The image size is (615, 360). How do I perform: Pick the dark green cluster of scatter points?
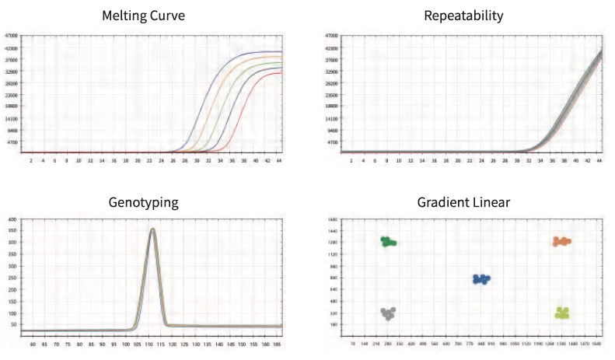388,242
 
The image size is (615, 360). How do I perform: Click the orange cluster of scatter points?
561,242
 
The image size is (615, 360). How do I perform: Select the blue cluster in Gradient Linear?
481,279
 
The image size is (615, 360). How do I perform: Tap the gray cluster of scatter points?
388,313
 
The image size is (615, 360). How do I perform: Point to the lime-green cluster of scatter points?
562,313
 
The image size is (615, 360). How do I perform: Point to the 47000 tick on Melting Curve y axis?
13,36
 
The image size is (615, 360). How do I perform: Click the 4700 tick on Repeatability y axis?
330,142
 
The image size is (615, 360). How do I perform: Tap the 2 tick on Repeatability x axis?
351,160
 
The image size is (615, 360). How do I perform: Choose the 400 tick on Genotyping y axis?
13,221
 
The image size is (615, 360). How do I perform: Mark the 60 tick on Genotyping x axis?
32,342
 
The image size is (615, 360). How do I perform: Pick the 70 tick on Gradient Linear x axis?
353,342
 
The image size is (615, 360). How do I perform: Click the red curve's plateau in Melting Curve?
276,73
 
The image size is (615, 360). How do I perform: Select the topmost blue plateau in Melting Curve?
268,52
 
